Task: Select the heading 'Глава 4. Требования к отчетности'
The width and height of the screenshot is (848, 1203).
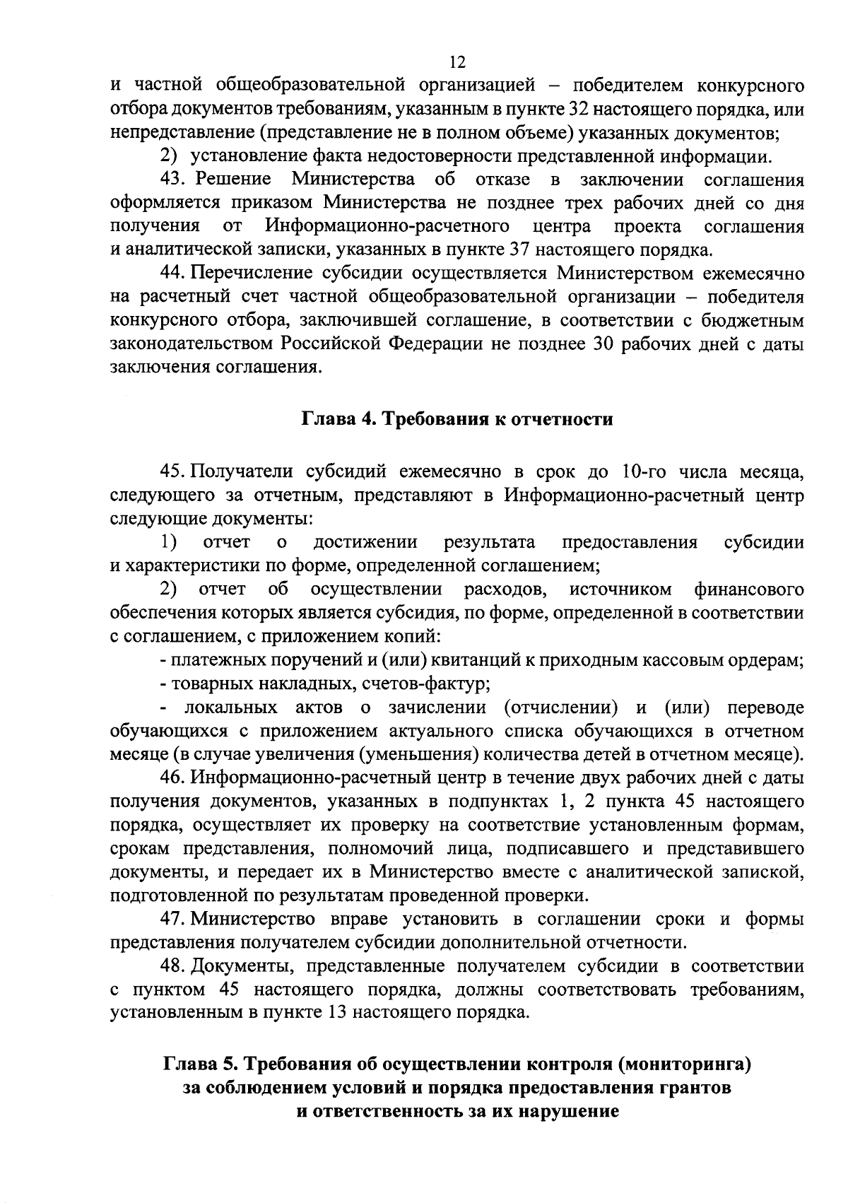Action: click(457, 419)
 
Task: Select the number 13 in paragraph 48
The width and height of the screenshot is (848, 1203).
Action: click(338, 1013)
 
